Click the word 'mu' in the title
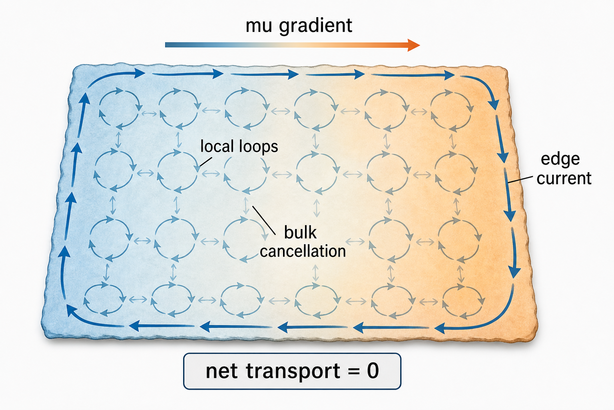259,26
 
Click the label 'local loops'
239,147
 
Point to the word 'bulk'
300,233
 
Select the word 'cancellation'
303,251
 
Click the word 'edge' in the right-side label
560,160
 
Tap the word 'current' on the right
564,178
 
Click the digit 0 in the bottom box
373,371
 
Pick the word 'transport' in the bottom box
293,372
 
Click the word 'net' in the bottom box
221,372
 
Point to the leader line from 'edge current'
520,180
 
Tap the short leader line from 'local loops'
205,162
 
